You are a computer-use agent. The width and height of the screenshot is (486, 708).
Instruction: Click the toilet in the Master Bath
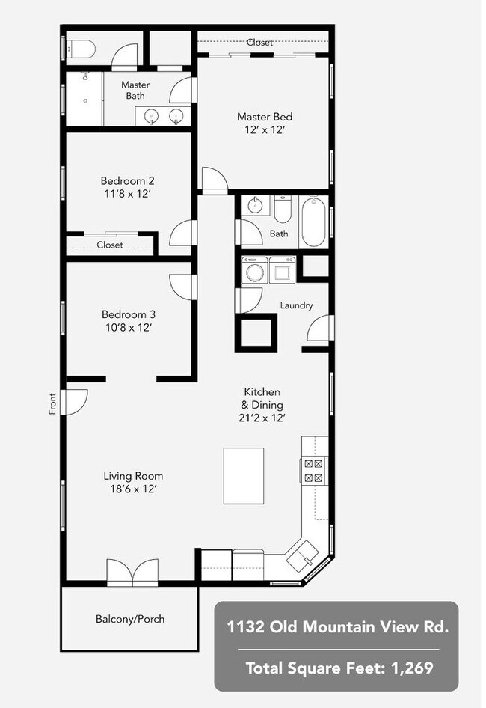click(81, 49)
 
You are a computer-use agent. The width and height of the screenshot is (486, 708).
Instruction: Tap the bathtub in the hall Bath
click(313, 222)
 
